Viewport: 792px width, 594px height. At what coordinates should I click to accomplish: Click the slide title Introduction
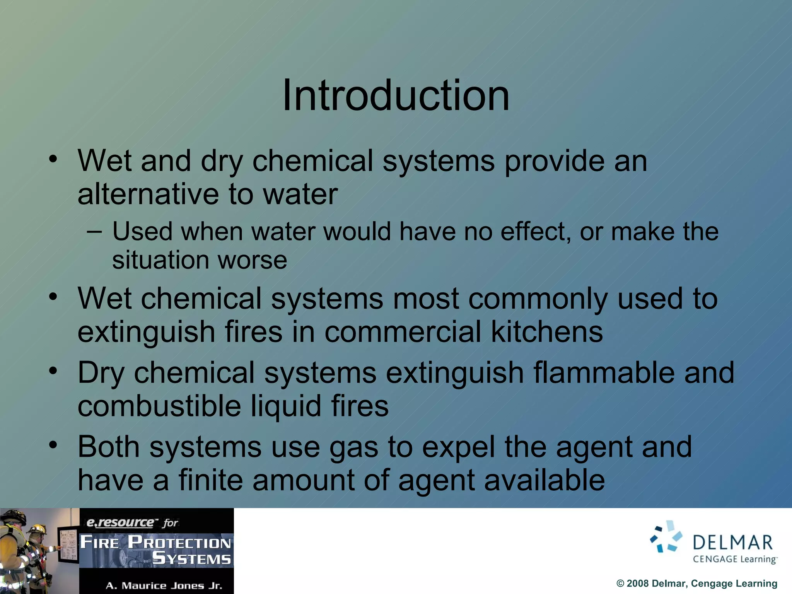click(396, 95)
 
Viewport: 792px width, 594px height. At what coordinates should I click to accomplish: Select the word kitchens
click(546, 332)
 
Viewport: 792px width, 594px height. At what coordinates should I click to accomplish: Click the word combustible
click(159, 406)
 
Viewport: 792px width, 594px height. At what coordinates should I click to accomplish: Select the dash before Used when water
click(94, 232)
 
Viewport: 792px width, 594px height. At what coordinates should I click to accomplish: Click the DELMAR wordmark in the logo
click(732, 543)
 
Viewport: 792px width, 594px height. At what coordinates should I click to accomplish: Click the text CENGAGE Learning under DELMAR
click(734, 559)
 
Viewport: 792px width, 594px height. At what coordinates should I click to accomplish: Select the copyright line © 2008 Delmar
click(696, 584)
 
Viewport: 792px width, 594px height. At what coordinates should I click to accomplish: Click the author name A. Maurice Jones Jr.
click(164, 586)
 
